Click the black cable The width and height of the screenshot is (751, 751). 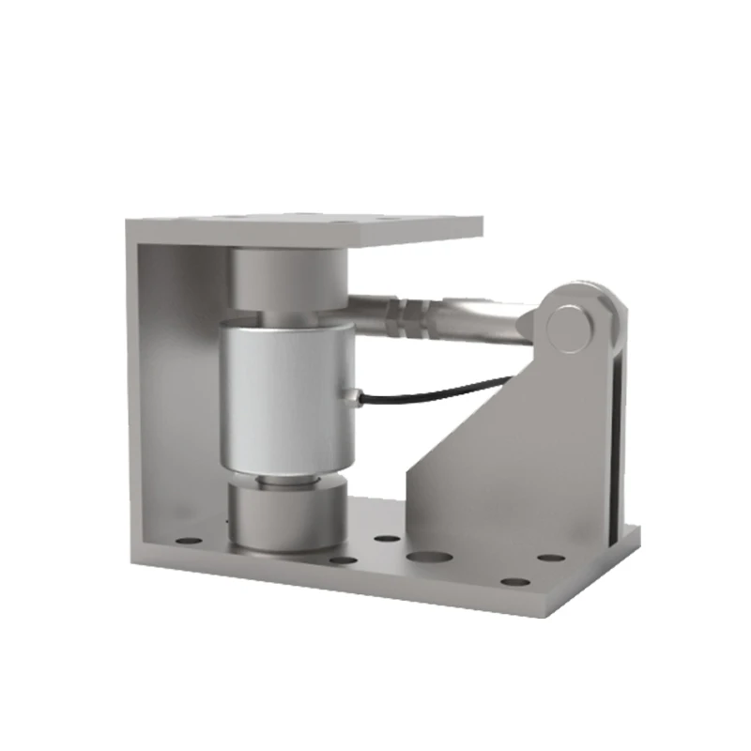coord(441,385)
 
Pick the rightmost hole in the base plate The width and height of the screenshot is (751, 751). coord(551,558)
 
